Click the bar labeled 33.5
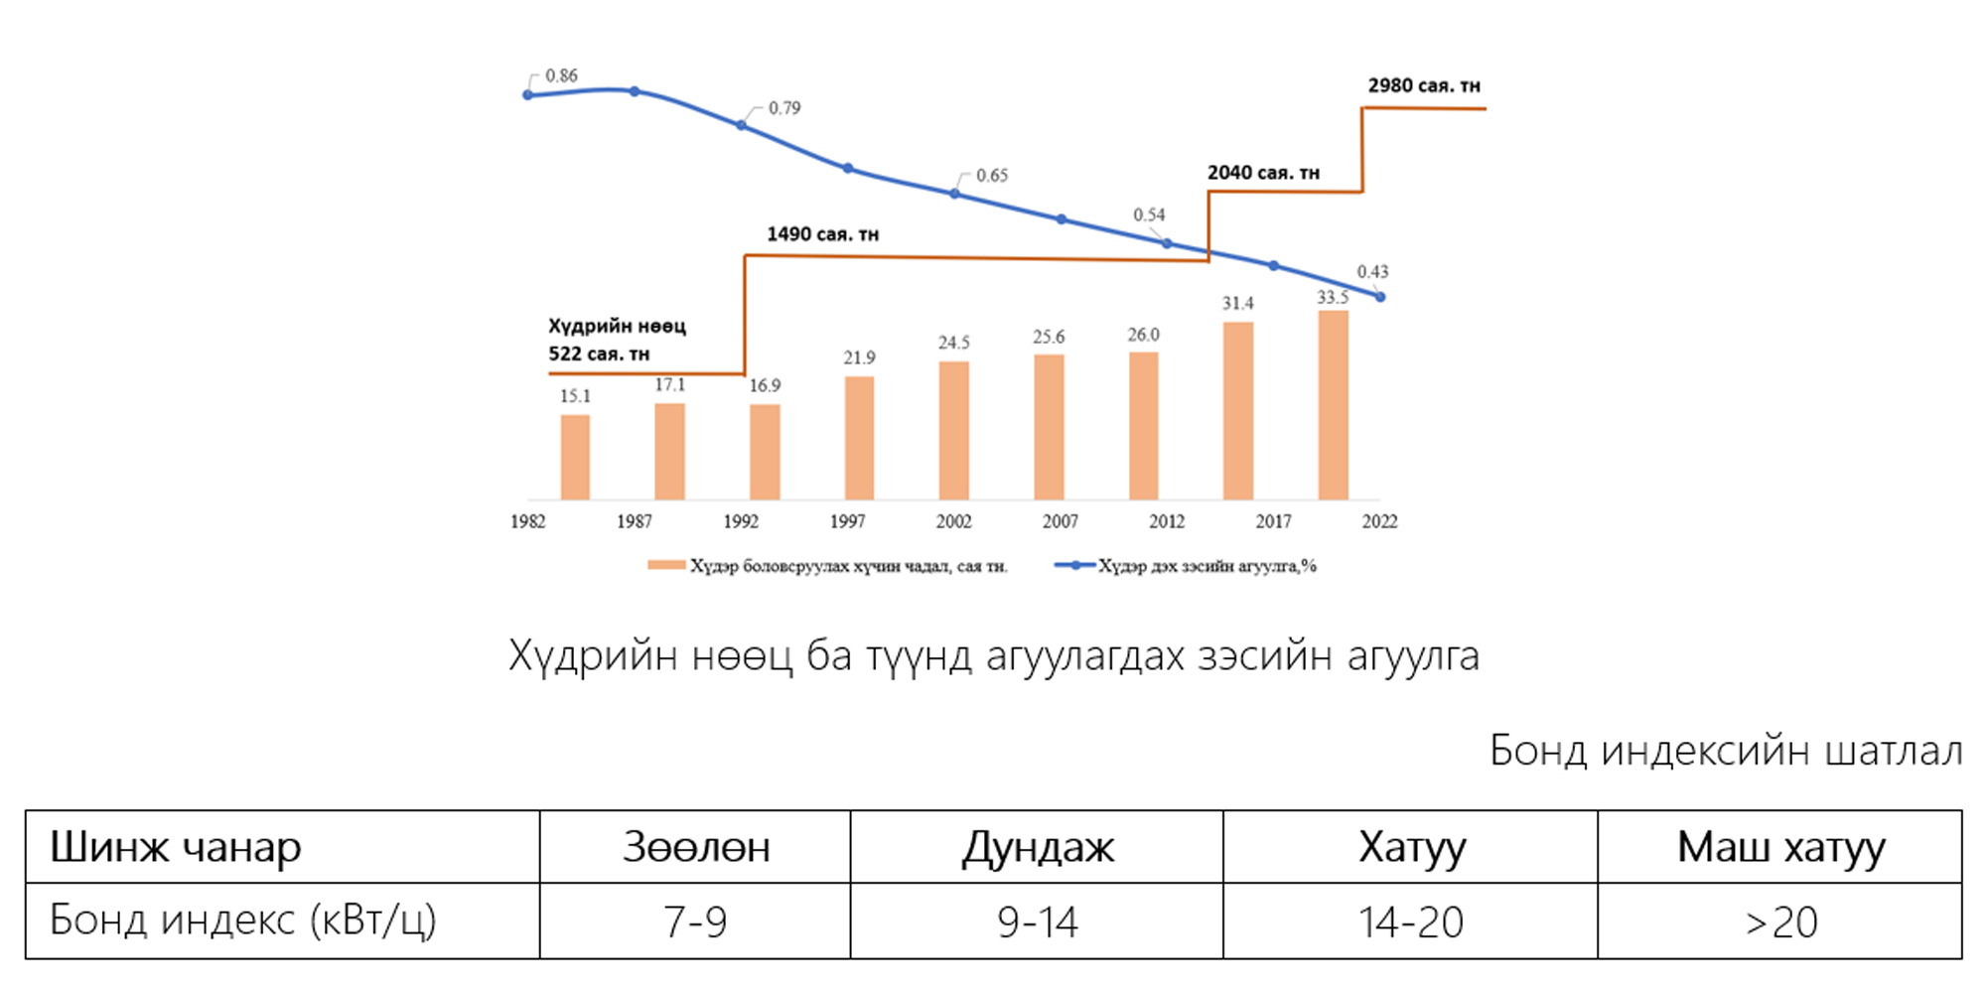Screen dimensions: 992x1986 tap(1333, 405)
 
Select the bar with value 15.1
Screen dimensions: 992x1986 tap(575, 457)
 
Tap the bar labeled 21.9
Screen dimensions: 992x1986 tap(859, 438)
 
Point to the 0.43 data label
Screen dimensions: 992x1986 tap(1372, 271)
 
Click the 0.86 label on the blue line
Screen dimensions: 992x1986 tap(561, 75)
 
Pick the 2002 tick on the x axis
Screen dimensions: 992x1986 tap(953, 521)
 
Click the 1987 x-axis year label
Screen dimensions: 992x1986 tap(634, 521)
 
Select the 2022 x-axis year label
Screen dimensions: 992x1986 tap(1379, 521)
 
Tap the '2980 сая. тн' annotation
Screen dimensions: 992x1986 tap(1424, 85)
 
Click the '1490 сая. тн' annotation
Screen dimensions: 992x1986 tap(822, 234)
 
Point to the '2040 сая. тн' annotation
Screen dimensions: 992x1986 tap(1263, 173)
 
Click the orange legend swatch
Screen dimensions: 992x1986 tap(666, 565)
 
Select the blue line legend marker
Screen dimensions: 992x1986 tap(1074, 565)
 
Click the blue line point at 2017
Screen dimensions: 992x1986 tap(1274, 265)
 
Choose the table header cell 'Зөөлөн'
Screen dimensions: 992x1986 tap(695, 847)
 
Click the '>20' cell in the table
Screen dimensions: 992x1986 tap(1780, 921)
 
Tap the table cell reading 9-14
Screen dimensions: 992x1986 tap(1037, 921)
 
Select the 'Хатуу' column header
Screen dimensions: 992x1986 tap(1411, 847)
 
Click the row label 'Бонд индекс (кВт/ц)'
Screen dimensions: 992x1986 tap(243, 921)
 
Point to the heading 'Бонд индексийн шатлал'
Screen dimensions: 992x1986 tap(1726, 751)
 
